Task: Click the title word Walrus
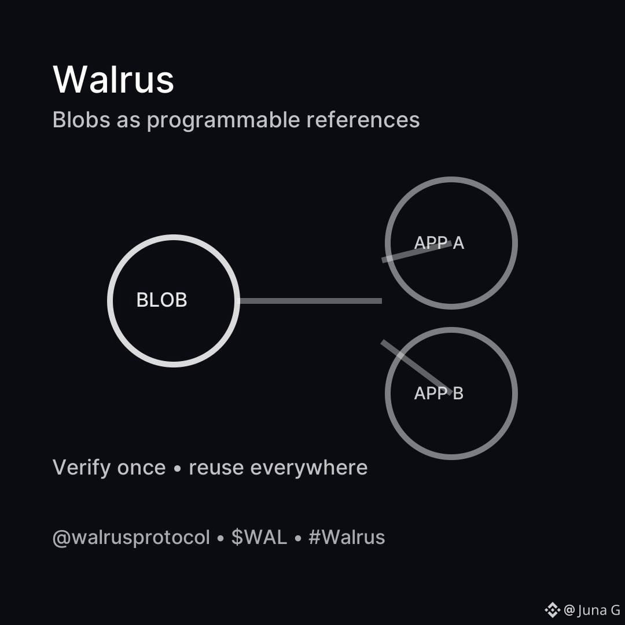point(113,79)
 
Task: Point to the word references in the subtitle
point(363,120)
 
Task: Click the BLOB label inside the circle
point(161,300)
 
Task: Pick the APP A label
point(439,243)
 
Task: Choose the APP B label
point(439,394)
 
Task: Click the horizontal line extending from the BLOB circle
point(311,301)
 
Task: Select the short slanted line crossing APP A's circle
point(416,252)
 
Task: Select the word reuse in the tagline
point(216,468)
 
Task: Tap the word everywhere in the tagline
point(309,468)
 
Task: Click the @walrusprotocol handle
point(131,538)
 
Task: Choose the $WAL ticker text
point(259,537)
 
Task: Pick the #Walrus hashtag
point(347,537)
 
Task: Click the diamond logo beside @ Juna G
point(552,609)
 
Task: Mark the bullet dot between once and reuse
point(178,469)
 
